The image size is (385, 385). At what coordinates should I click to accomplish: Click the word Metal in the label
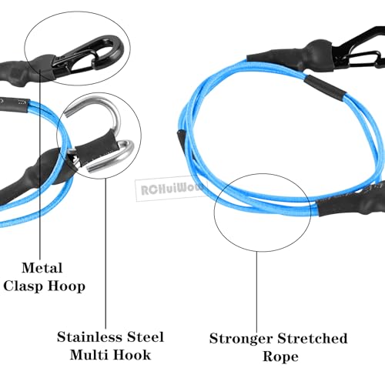click(x=42, y=268)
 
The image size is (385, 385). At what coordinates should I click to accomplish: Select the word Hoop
click(x=66, y=286)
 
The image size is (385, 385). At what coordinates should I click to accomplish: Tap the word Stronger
click(x=241, y=339)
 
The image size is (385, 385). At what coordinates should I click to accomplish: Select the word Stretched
click(x=313, y=338)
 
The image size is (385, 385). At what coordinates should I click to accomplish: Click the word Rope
click(x=280, y=357)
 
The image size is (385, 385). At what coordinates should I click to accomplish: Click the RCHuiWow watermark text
click(x=172, y=189)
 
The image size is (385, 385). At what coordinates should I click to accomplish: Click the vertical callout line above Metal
click(x=40, y=163)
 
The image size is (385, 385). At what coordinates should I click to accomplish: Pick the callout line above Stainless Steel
click(x=105, y=253)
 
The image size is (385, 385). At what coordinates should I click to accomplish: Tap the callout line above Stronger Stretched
click(x=257, y=292)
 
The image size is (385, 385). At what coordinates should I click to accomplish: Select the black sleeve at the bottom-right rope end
click(x=352, y=199)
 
